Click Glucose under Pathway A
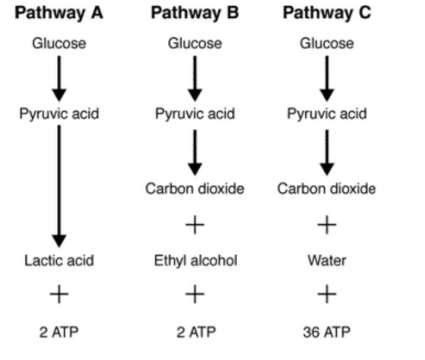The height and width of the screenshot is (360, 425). (59, 43)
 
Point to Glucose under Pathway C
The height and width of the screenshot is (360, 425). (327, 43)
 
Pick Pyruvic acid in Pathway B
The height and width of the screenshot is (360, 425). (195, 114)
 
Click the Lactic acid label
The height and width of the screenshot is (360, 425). (59, 260)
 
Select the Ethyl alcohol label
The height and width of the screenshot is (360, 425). (195, 260)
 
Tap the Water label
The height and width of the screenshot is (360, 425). (327, 260)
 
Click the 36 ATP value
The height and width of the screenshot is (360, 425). (326, 332)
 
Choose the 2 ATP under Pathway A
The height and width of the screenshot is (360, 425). (59, 332)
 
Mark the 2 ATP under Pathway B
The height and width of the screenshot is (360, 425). (195, 332)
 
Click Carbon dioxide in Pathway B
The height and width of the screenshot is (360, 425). (195, 189)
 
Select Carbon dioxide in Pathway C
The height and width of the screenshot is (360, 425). (326, 189)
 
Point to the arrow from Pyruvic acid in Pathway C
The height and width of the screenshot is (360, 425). (327, 152)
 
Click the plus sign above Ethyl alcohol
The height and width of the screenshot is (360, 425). (195, 225)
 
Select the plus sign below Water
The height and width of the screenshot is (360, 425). (327, 295)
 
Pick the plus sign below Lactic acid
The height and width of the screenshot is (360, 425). (59, 295)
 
